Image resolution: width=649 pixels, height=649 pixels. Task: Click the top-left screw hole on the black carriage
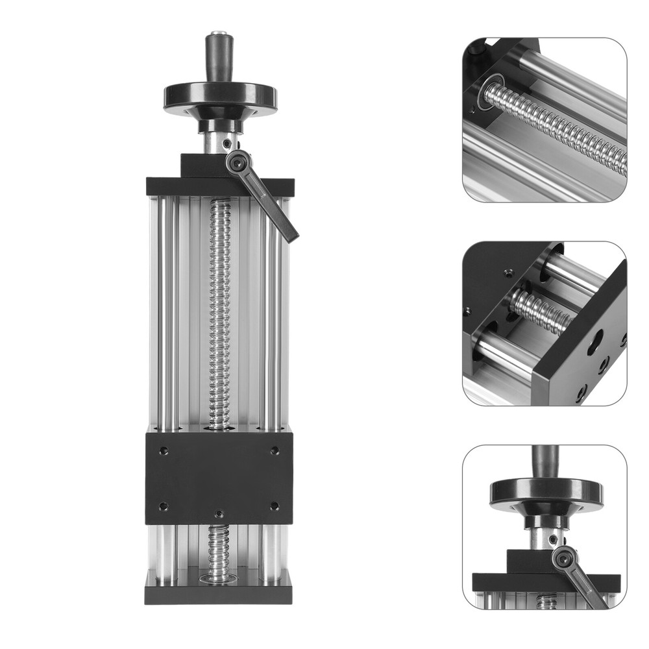coord(164,450)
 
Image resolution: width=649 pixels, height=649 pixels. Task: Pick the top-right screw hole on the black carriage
coord(275,450)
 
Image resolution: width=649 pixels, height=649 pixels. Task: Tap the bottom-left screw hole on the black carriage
coord(164,506)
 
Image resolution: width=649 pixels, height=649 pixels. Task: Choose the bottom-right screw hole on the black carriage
coord(275,506)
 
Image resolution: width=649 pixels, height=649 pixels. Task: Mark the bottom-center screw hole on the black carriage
coord(219,513)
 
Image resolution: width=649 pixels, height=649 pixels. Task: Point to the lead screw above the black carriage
coord(219,312)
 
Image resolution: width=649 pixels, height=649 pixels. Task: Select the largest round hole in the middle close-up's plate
coord(595,342)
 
